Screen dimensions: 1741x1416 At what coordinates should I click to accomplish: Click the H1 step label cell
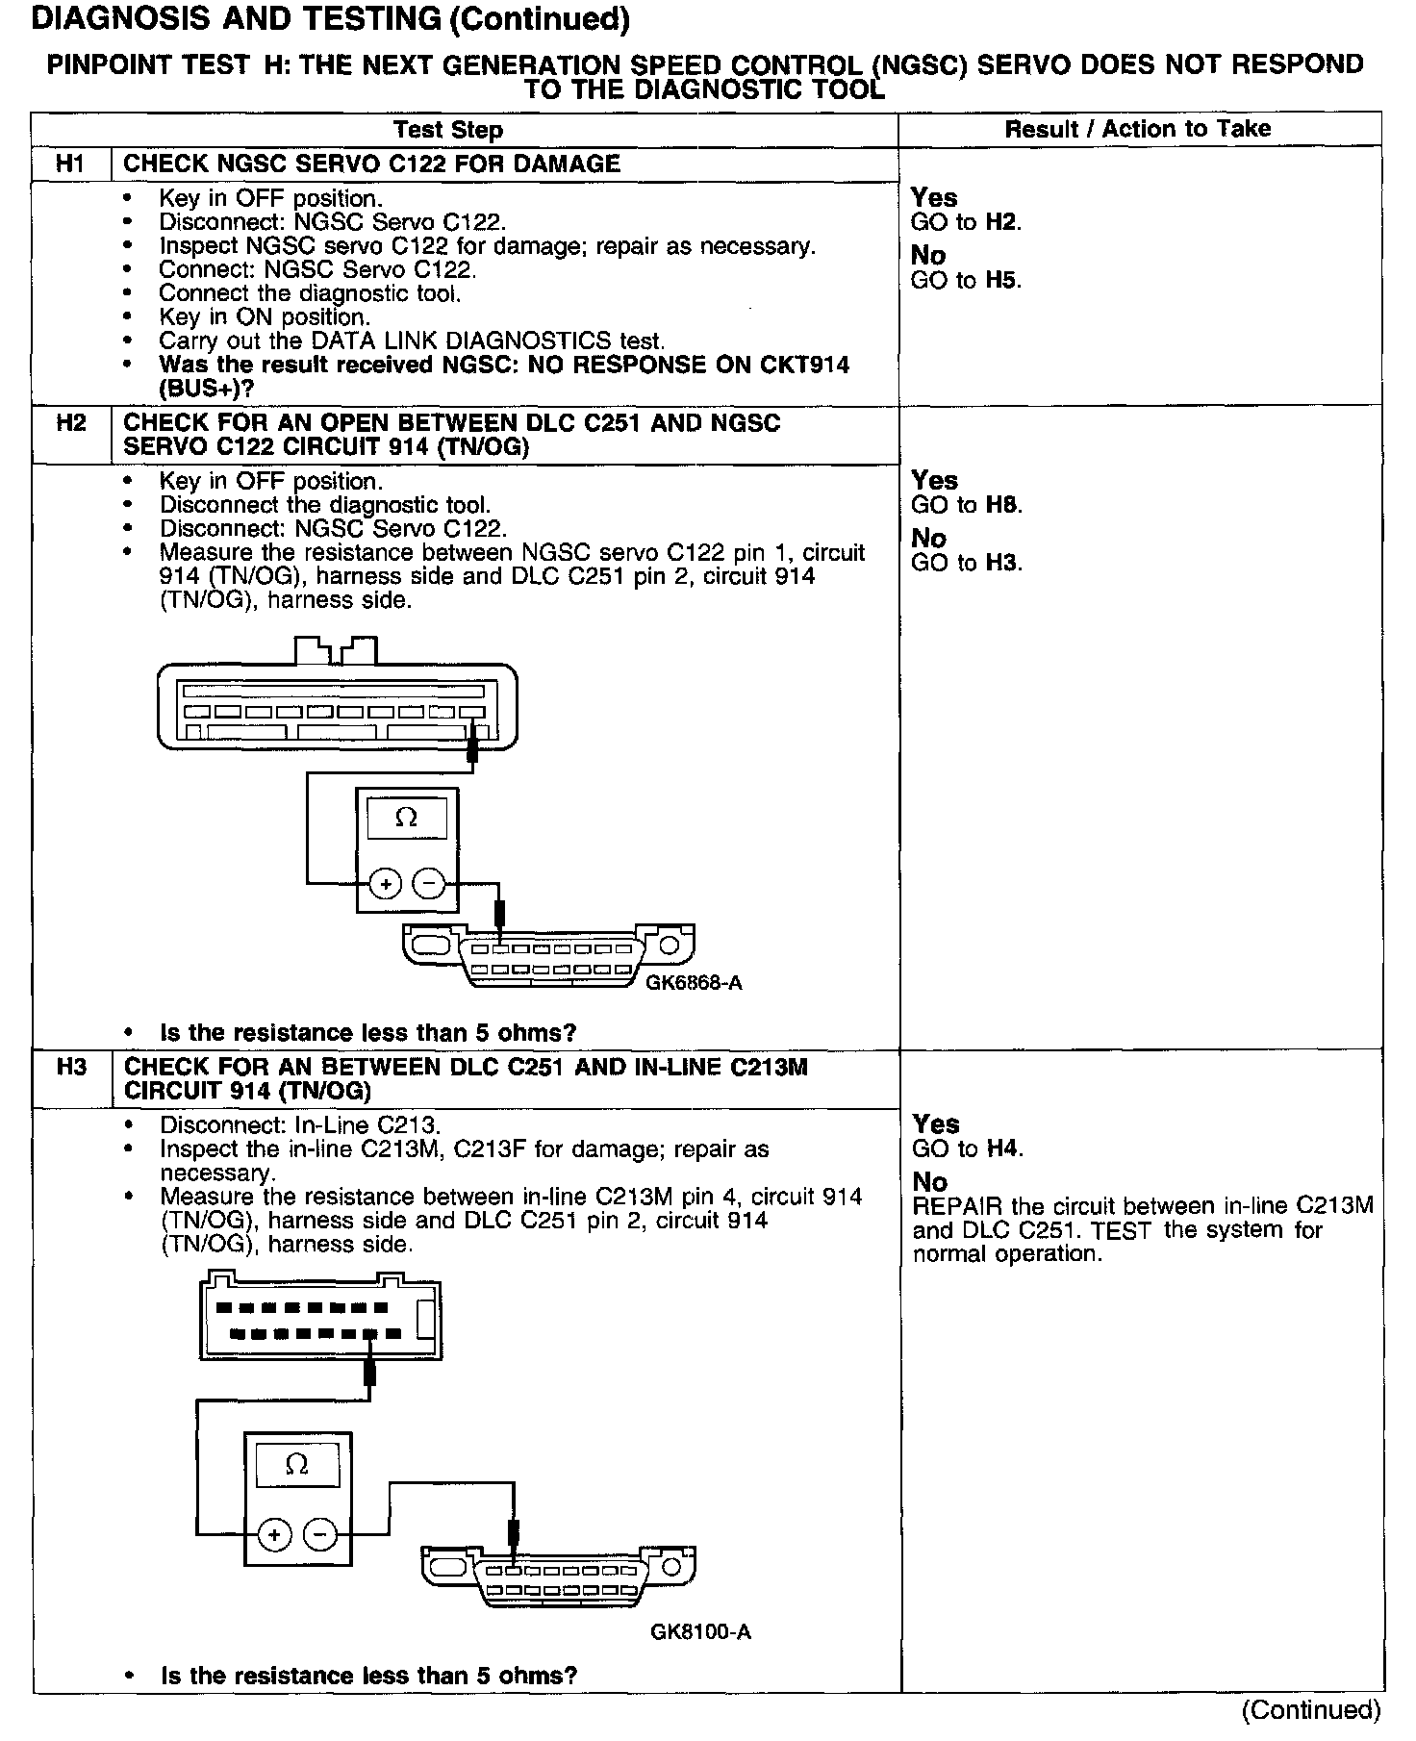pos(70,164)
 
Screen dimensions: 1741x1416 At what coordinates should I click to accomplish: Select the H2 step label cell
pos(70,423)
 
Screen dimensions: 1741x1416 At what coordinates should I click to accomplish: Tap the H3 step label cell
pos(71,1067)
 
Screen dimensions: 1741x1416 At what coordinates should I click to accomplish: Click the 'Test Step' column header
pos(447,130)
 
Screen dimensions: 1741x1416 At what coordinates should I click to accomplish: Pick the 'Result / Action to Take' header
pos(1137,129)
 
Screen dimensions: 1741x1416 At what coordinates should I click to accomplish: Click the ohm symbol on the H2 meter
pos(407,818)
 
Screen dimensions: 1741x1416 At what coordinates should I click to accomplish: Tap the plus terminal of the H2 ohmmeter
pos(385,883)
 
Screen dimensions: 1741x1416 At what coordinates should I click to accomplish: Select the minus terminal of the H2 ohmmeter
pos(429,883)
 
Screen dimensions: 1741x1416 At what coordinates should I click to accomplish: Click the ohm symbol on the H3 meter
pos(297,1465)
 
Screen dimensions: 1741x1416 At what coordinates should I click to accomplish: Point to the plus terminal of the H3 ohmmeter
pos(275,1533)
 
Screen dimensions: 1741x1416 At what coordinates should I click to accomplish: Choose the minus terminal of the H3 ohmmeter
pos(319,1533)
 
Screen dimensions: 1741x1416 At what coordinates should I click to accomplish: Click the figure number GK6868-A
pos(694,983)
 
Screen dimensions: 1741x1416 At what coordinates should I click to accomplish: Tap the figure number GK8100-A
pos(700,1632)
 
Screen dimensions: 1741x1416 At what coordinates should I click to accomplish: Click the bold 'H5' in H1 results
pos(1003,281)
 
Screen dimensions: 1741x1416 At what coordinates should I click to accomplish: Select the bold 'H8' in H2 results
pos(1004,505)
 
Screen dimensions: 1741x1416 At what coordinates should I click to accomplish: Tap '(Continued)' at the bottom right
pos(1311,1709)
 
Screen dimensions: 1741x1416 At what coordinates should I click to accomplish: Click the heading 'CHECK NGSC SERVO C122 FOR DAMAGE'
pos(372,164)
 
